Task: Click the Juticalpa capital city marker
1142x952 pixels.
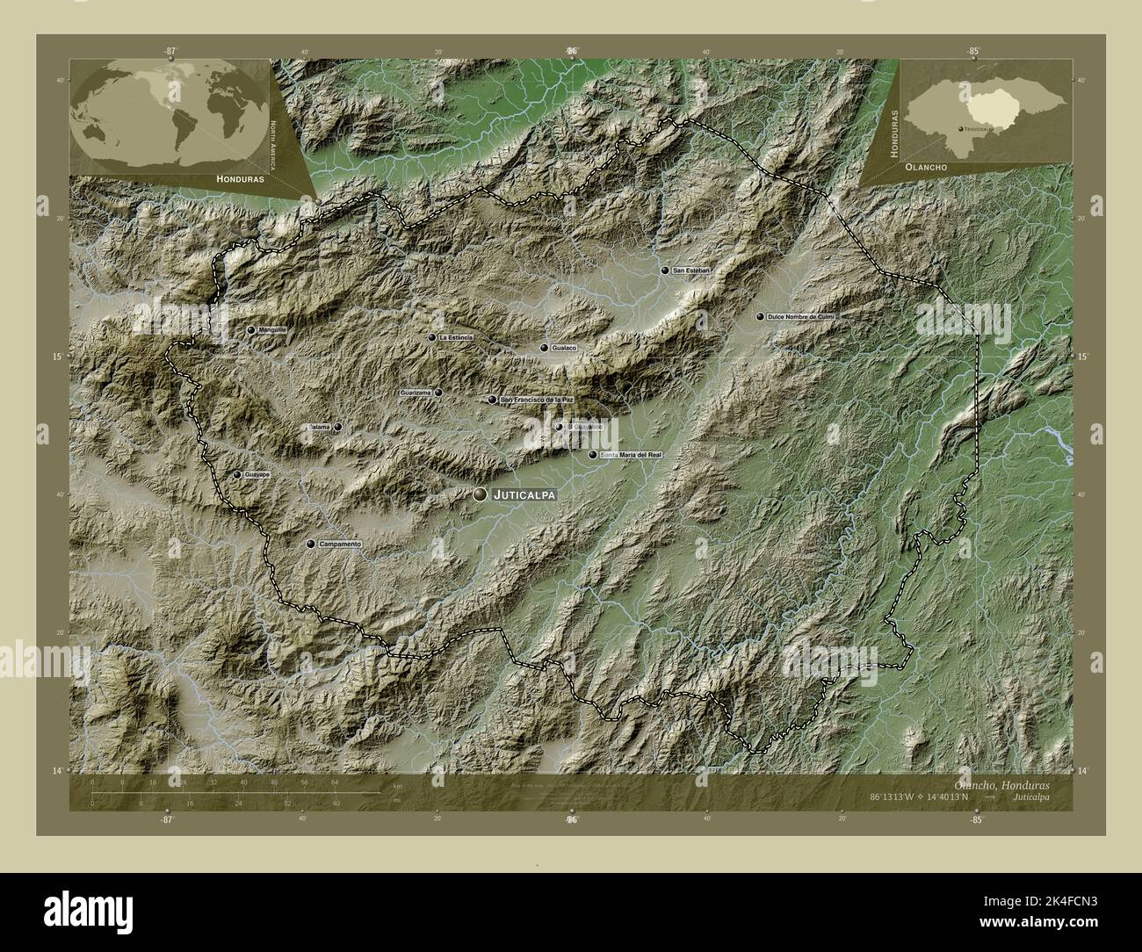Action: [x=480, y=495]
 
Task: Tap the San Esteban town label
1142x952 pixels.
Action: [x=690, y=271]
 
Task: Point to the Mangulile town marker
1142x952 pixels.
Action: [x=251, y=330]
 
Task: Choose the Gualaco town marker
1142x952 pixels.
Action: [x=545, y=349]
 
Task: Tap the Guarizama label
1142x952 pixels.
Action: [x=416, y=393]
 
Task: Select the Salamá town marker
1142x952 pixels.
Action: [x=337, y=428]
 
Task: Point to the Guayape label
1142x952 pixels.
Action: [x=257, y=474]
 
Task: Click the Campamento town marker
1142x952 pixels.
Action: [x=309, y=545]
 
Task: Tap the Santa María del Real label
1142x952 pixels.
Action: [x=630, y=455]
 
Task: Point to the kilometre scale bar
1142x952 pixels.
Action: [x=237, y=792]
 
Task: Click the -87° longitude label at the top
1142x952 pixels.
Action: [x=169, y=51]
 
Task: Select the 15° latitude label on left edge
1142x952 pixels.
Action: [x=59, y=357]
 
